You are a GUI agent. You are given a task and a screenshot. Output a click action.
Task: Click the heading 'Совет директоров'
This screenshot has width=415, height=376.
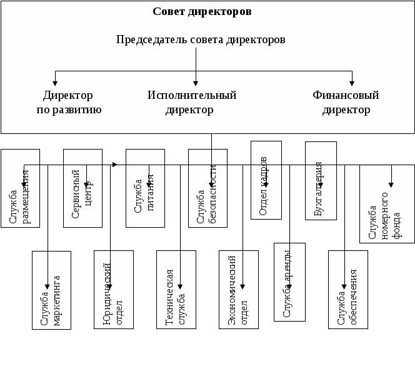point(202,11)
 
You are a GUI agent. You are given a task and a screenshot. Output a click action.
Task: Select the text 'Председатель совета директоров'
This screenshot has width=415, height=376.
point(201,39)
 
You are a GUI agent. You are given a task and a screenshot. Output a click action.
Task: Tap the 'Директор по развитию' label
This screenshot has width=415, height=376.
point(68,103)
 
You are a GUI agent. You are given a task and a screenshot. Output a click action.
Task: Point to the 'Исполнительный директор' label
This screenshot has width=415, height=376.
point(191,103)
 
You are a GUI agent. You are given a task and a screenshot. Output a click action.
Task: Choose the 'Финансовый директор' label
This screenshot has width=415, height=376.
point(346,103)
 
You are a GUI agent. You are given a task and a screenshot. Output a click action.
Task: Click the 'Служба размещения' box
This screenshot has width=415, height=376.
point(20,188)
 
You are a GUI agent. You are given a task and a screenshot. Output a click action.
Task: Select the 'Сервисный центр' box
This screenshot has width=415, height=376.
point(82,188)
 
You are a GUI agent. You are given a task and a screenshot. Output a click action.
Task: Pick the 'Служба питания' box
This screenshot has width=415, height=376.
point(145,188)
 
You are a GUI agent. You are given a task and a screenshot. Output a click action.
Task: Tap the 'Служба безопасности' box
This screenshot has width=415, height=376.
point(207,188)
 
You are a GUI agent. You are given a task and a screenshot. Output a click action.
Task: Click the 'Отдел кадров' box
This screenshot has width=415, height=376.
point(266,180)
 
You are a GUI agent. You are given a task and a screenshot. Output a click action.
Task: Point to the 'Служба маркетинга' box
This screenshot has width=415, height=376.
point(51,290)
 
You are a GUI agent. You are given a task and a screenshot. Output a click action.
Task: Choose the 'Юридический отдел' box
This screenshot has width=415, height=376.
point(114,290)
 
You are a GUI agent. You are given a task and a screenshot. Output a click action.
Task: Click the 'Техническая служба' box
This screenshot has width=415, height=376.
point(176,290)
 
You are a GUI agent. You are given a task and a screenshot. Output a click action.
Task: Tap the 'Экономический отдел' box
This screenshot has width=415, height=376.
point(239,290)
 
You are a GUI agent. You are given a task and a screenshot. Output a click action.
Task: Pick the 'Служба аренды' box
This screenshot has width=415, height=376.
point(290,282)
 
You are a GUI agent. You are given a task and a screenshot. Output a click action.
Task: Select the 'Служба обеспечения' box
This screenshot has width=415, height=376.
point(348,290)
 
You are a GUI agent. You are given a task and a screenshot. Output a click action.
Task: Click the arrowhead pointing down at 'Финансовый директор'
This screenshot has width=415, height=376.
point(352,82)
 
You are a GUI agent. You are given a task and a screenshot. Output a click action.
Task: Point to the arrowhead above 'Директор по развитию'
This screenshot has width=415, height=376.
point(55,82)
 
